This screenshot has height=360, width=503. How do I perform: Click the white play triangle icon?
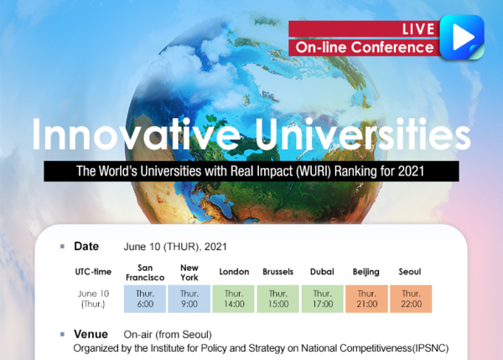[x=462, y=37]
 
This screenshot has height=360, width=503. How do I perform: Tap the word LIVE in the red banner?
[x=418, y=29]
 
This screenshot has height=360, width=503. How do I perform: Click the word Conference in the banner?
[x=392, y=47]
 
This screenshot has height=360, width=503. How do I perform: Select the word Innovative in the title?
[x=136, y=134]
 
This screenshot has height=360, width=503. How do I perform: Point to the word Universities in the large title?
[x=363, y=134]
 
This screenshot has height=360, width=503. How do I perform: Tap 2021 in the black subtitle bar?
[x=411, y=171]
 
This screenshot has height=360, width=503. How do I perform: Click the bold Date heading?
[x=86, y=247]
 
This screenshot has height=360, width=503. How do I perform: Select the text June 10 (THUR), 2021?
[x=175, y=247]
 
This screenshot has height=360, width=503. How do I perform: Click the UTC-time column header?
[x=93, y=272]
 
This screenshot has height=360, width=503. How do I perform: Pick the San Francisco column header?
[x=145, y=273]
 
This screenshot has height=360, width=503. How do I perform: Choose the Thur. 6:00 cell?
[x=145, y=299]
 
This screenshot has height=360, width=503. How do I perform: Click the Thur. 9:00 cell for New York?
[x=189, y=299]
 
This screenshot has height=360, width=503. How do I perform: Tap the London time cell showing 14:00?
[x=234, y=299]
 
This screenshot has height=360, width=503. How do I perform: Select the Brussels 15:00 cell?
[x=277, y=299]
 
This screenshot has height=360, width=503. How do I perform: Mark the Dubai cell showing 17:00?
[x=323, y=299]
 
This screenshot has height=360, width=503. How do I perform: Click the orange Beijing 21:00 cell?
[x=366, y=299]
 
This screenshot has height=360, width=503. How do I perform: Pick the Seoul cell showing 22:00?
[x=411, y=299]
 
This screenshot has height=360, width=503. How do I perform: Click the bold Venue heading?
[x=91, y=334]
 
